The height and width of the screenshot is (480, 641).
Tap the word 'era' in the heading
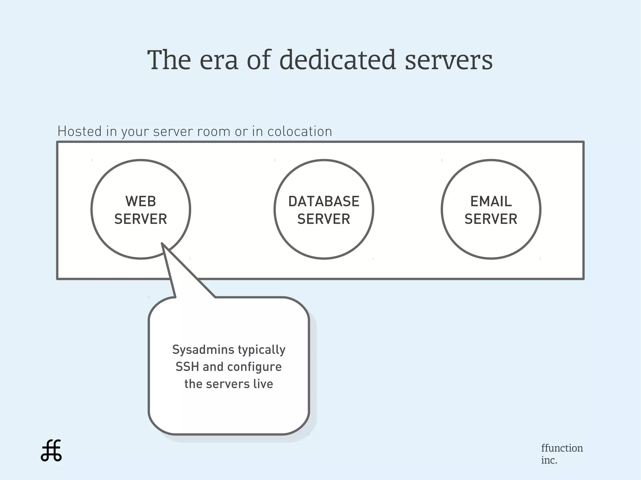click(x=219, y=60)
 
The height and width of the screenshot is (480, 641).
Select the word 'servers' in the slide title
click(x=449, y=61)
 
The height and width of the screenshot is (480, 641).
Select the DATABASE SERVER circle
click(x=324, y=238)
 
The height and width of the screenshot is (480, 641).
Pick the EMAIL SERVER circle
click(x=491, y=238)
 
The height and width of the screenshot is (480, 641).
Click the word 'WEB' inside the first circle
click(x=141, y=201)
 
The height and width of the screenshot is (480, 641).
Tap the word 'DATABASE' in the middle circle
click(x=324, y=201)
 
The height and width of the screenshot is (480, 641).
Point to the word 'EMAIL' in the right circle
click(x=491, y=201)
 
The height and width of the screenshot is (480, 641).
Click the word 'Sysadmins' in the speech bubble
click(x=199, y=350)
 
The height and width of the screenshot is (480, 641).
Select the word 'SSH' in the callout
click(x=187, y=367)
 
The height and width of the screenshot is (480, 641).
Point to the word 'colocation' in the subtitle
click(x=300, y=132)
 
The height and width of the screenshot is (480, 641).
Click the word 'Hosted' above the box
click(x=79, y=131)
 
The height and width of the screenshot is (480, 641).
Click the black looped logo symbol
click(x=51, y=451)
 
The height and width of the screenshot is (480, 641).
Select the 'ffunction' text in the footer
click(x=562, y=448)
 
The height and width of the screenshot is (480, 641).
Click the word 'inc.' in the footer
click(x=549, y=460)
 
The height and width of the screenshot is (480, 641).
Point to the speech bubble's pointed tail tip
click(x=162, y=244)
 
